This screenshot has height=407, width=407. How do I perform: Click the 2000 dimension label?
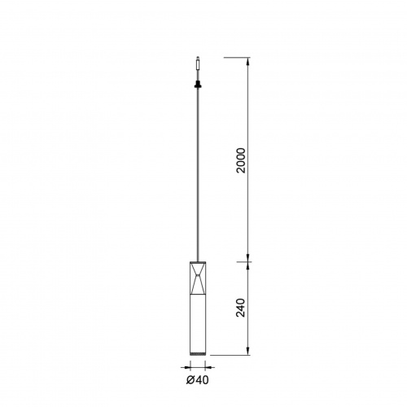[x=241, y=160]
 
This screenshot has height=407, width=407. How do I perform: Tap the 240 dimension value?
[x=241, y=308]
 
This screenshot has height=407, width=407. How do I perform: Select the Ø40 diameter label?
[x=198, y=380]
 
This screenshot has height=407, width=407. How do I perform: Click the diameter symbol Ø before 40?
[x=190, y=380]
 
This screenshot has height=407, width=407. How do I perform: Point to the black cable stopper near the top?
[x=198, y=84]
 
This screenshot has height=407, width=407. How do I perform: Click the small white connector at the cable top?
[x=198, y=63]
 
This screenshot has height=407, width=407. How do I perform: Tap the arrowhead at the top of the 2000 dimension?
[x=247, y=61]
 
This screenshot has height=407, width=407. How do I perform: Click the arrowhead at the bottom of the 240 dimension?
[x=247, y=351]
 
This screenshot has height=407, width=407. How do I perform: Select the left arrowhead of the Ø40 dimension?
[x=187, y=367]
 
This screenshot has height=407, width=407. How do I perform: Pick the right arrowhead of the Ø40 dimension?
[x=208, y=367]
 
